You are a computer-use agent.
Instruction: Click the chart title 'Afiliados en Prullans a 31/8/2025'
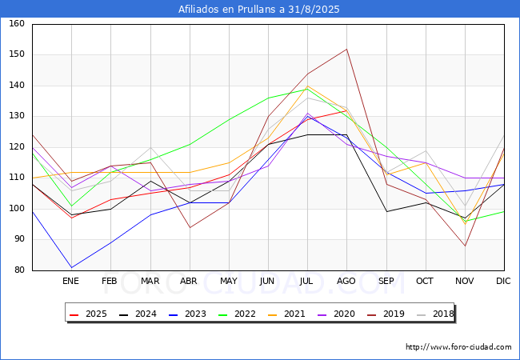[260, 10]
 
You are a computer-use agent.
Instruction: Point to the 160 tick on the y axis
[18, 24]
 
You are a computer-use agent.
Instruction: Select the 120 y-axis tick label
[18, 147]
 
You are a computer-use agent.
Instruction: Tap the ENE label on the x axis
[71, 282]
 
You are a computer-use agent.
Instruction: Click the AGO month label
[346, 282]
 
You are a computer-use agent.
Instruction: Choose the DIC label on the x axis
[504, 282]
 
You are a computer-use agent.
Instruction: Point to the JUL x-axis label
[307, 282]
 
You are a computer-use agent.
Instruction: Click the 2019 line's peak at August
[346, 49]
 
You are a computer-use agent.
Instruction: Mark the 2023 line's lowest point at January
[71, 267]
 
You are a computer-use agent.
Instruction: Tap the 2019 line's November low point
[465, 246]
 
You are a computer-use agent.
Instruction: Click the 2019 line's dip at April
[190, 227]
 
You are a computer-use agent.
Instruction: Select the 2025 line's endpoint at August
[346, 110]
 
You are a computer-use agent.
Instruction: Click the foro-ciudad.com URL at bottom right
[458, 347]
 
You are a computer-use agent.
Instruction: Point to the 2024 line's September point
[386, 211]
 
